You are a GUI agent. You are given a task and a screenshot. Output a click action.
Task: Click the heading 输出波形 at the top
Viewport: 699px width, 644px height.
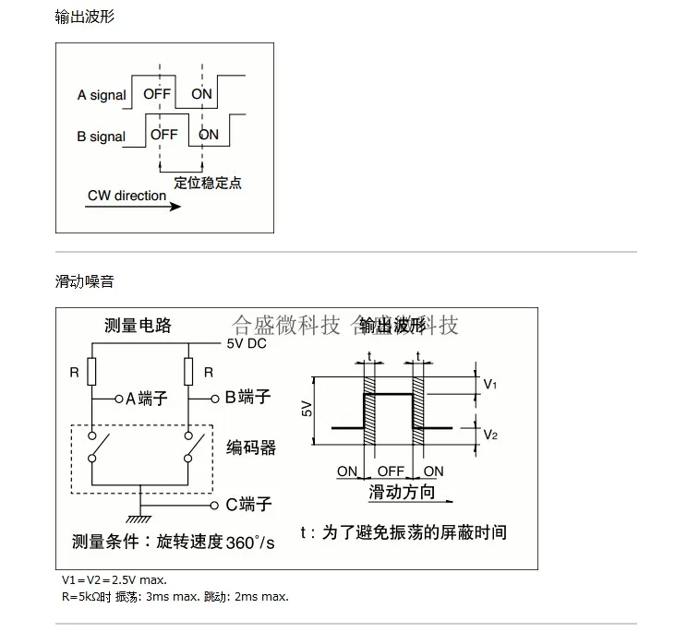[85, 17]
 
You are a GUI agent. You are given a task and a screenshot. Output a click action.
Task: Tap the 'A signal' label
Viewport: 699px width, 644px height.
[102, 95]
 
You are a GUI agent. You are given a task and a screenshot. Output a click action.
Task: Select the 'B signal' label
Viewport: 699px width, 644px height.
[102, 137]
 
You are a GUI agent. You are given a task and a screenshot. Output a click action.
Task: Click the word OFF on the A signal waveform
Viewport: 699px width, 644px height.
[157, 94]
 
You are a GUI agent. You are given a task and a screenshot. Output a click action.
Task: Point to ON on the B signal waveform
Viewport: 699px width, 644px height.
[210, 135]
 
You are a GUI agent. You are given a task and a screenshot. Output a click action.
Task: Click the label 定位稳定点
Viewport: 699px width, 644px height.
[208, 183]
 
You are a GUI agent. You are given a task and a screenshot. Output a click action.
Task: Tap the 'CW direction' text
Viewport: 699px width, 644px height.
[127, 196]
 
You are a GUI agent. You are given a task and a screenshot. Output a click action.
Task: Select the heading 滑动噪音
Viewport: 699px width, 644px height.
[85, 281]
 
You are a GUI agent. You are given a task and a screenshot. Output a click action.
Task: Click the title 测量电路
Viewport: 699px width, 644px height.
[139, 326]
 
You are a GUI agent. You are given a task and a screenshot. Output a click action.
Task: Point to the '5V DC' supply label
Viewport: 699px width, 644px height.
[247, 344]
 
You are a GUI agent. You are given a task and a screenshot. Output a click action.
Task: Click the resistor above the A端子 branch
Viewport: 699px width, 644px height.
[92, 372]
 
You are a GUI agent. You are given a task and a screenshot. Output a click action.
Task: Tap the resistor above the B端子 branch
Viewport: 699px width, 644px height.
[187, 372]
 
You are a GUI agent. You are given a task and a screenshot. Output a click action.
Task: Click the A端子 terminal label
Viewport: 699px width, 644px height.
[146, 399]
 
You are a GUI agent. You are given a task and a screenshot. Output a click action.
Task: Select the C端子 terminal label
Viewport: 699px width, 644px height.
[248, 505]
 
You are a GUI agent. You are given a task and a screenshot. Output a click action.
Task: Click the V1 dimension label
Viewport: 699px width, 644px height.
[490, 385]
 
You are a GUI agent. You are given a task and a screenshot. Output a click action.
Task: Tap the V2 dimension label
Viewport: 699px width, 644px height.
[490, 435]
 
